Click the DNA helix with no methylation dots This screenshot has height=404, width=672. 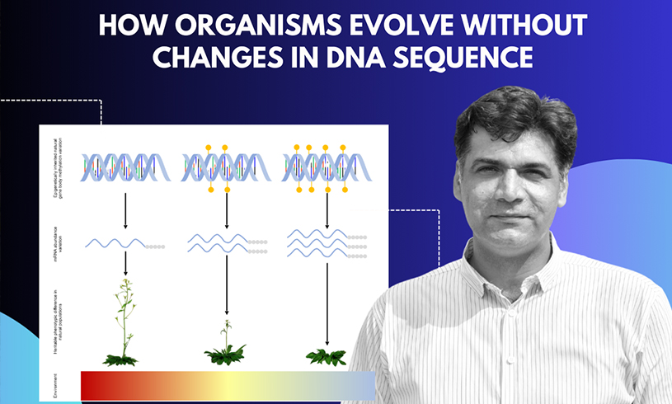pos(123,168)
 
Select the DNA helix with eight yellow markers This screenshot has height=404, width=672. pos(327,168)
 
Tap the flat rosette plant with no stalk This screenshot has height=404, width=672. pos(327,357)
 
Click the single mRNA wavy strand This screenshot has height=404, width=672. pos(115,244)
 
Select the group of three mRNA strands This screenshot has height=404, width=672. pos(317,244)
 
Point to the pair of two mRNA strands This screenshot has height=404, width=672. pos(218,244)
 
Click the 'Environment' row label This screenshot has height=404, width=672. pos(55,383)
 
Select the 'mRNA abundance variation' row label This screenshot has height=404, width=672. pos(55,244)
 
